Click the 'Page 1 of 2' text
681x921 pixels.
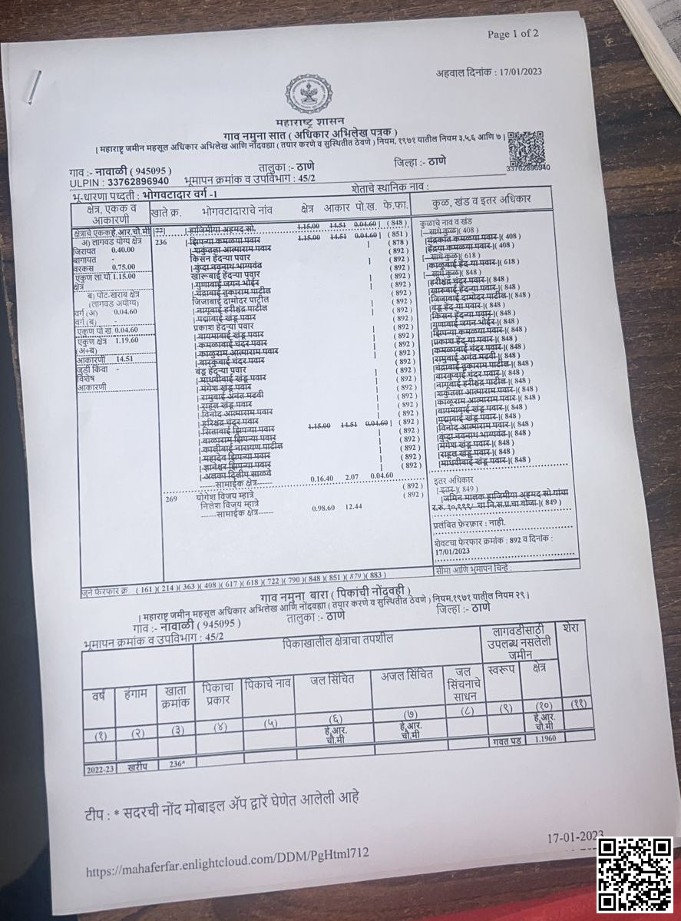click(x=513, y=34)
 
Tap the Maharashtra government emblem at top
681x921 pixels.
click(x=309, y=94)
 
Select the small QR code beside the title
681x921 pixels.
click(x=525, y=148)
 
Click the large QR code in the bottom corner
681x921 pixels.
click(x=635, y=874)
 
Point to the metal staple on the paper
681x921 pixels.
click(x=35, y=87)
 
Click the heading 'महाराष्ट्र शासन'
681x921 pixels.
click(x=310, y=123)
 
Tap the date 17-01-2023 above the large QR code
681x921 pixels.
click(x=575, y=836)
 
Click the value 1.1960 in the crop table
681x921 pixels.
click(x=544, y=737)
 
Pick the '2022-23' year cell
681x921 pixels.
click(x=100, y=767)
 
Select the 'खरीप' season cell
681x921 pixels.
click(x=136, y=765)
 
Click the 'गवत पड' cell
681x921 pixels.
click(x=507, y=740)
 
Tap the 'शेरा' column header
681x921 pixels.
click(x=571, y=628)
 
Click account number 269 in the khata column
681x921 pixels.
click(x=172, y=499)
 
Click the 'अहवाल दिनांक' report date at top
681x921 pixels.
click(x=489, y=72)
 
